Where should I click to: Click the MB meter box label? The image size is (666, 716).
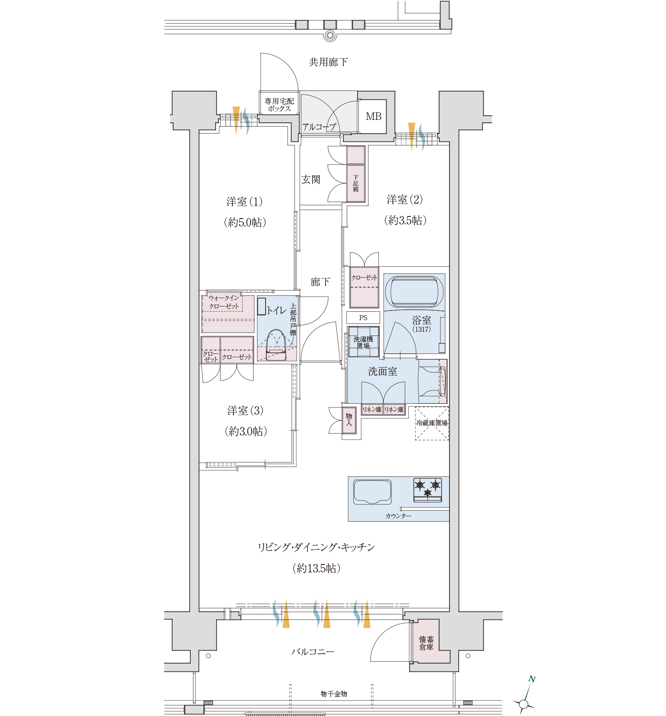[373, 117]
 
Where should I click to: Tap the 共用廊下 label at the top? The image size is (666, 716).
[328, 62]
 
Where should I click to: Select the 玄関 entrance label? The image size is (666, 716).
[311, 179]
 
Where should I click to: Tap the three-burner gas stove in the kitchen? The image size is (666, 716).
[427, 490]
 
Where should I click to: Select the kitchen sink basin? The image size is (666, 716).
[372, 492]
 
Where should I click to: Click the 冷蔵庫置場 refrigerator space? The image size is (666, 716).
[432, 423]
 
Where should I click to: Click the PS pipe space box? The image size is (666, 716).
[363, 318]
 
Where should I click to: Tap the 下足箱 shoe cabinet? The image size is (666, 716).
[356, 184]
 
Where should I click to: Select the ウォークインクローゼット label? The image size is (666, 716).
[224, 302]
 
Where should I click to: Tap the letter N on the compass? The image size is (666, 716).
[532, 679]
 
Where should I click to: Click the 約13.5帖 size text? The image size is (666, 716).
[316, 568]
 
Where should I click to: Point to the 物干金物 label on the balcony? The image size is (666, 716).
[334, 694]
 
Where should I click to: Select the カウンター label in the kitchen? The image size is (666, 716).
[398, 516]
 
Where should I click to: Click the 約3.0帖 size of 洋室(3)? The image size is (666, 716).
[246, 431]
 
